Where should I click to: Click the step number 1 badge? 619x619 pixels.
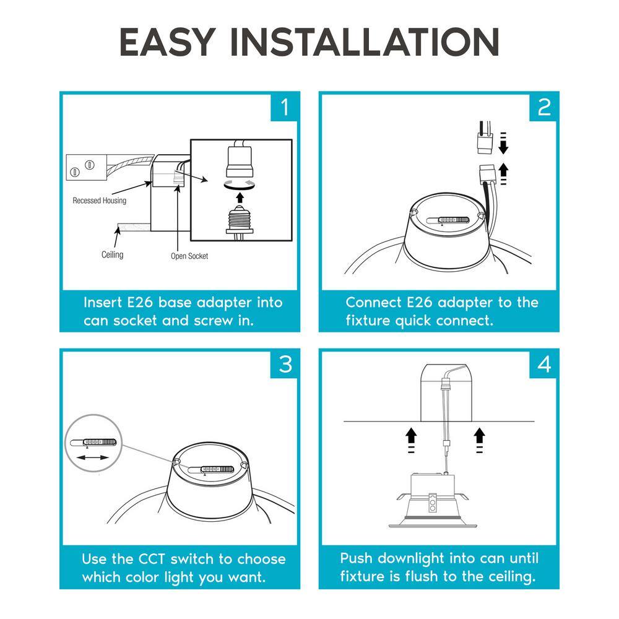[284, 107]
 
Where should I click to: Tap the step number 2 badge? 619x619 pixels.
[543, 107]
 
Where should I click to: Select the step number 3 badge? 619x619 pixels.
[284, 364]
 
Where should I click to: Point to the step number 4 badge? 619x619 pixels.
[543, 364]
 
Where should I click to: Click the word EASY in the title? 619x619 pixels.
[168, 42]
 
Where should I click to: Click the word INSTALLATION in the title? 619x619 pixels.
[365, 42]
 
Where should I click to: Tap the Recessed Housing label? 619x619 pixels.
[100, 201]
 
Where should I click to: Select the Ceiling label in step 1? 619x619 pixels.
[113, 254]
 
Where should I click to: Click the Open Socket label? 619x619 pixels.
[189, 256]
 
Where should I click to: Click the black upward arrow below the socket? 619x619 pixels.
[240, 197]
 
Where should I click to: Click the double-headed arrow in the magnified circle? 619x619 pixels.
[92, 457]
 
